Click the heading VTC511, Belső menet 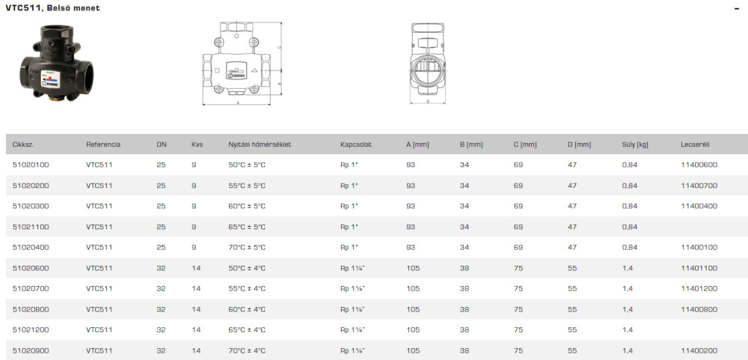coord(53,8)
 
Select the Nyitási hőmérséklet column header coord(260,144)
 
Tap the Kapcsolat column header coord(356,144)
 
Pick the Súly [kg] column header coord(635,144)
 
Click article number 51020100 coord(31,165)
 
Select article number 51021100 coord(31,227)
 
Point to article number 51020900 coord(31,350)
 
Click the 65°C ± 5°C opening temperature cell coord(247,227)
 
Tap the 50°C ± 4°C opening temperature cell coord(247,268)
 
